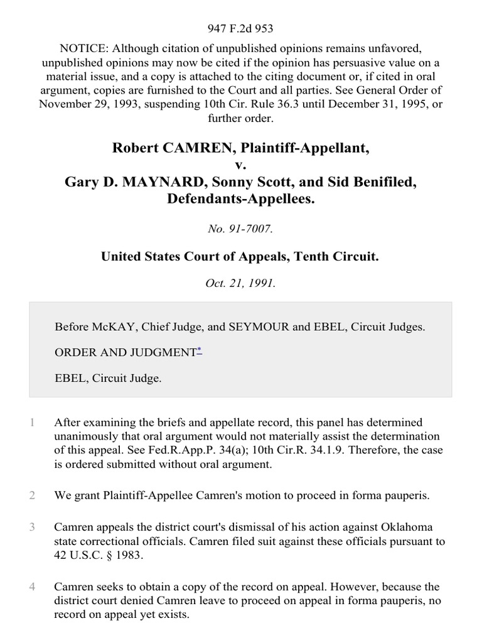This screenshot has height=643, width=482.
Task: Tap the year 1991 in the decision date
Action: [263, 283]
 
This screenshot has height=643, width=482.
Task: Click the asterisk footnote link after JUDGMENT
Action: [199, 350]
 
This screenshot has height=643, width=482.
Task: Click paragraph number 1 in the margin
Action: [32, 423]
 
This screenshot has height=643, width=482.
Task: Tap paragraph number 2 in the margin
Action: [32, 495]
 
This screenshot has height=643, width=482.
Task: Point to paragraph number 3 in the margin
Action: [32, 526]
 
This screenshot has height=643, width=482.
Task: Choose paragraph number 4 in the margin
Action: [32, 587]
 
